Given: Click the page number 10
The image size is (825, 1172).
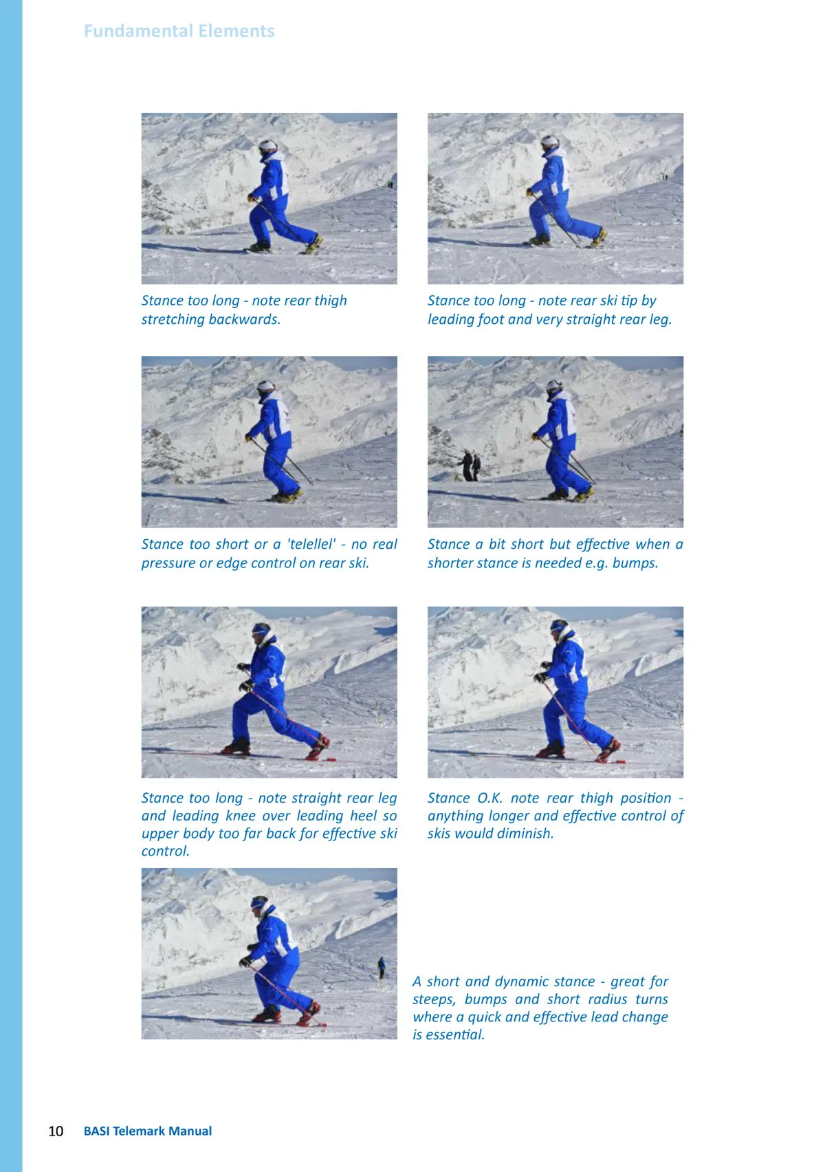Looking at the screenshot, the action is tap(56, 1131).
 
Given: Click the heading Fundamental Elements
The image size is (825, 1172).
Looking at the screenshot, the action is tap(179, 31).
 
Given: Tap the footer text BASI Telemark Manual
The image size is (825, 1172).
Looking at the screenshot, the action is tap(148, 1131).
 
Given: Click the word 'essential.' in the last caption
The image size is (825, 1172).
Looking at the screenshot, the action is tap(448, 1034).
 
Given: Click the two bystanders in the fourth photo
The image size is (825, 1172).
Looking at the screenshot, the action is tap(470, 466).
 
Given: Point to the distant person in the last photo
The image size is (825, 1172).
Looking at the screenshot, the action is tap(382, 968).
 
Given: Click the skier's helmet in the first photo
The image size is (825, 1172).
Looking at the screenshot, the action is tap(267, 146).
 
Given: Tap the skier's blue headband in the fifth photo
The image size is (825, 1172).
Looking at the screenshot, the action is tap(259, 629).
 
